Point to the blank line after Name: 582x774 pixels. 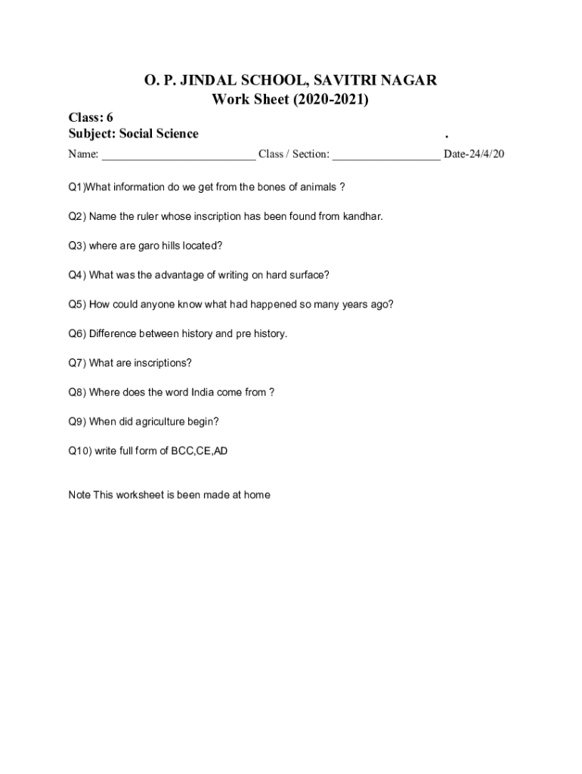click(178, 155)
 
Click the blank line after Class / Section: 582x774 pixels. click(385, 155)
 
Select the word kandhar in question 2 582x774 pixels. click(363, 216)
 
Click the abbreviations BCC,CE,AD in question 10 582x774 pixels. click(200, 451)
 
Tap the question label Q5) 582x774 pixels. click(77, 305)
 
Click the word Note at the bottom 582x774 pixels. click(79, 495)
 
